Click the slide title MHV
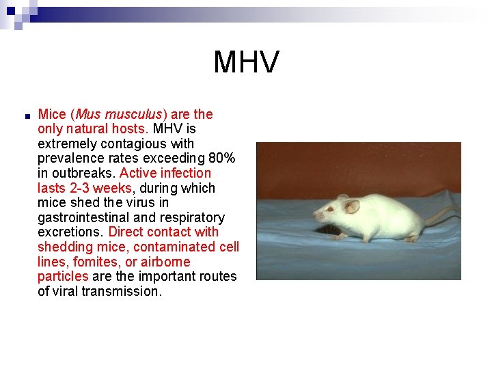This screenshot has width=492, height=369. [246, 62]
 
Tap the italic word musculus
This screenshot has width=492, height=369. [135, 114]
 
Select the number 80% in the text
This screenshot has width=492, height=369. [222, 159]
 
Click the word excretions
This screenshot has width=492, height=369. [70, 232]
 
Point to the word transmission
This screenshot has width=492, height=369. [122, 291]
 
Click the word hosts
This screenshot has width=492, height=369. [130, 128]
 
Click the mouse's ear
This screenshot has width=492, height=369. [351, 206]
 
